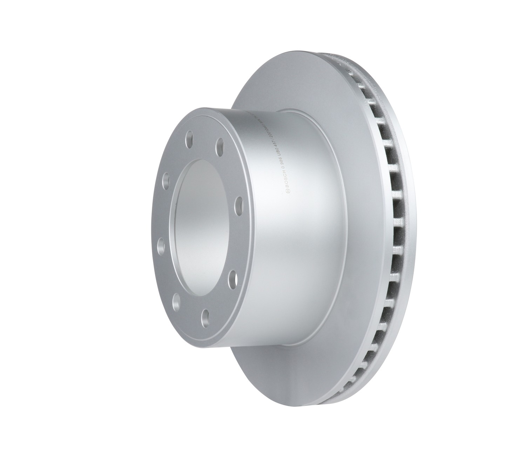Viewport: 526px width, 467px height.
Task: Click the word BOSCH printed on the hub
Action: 286,179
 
